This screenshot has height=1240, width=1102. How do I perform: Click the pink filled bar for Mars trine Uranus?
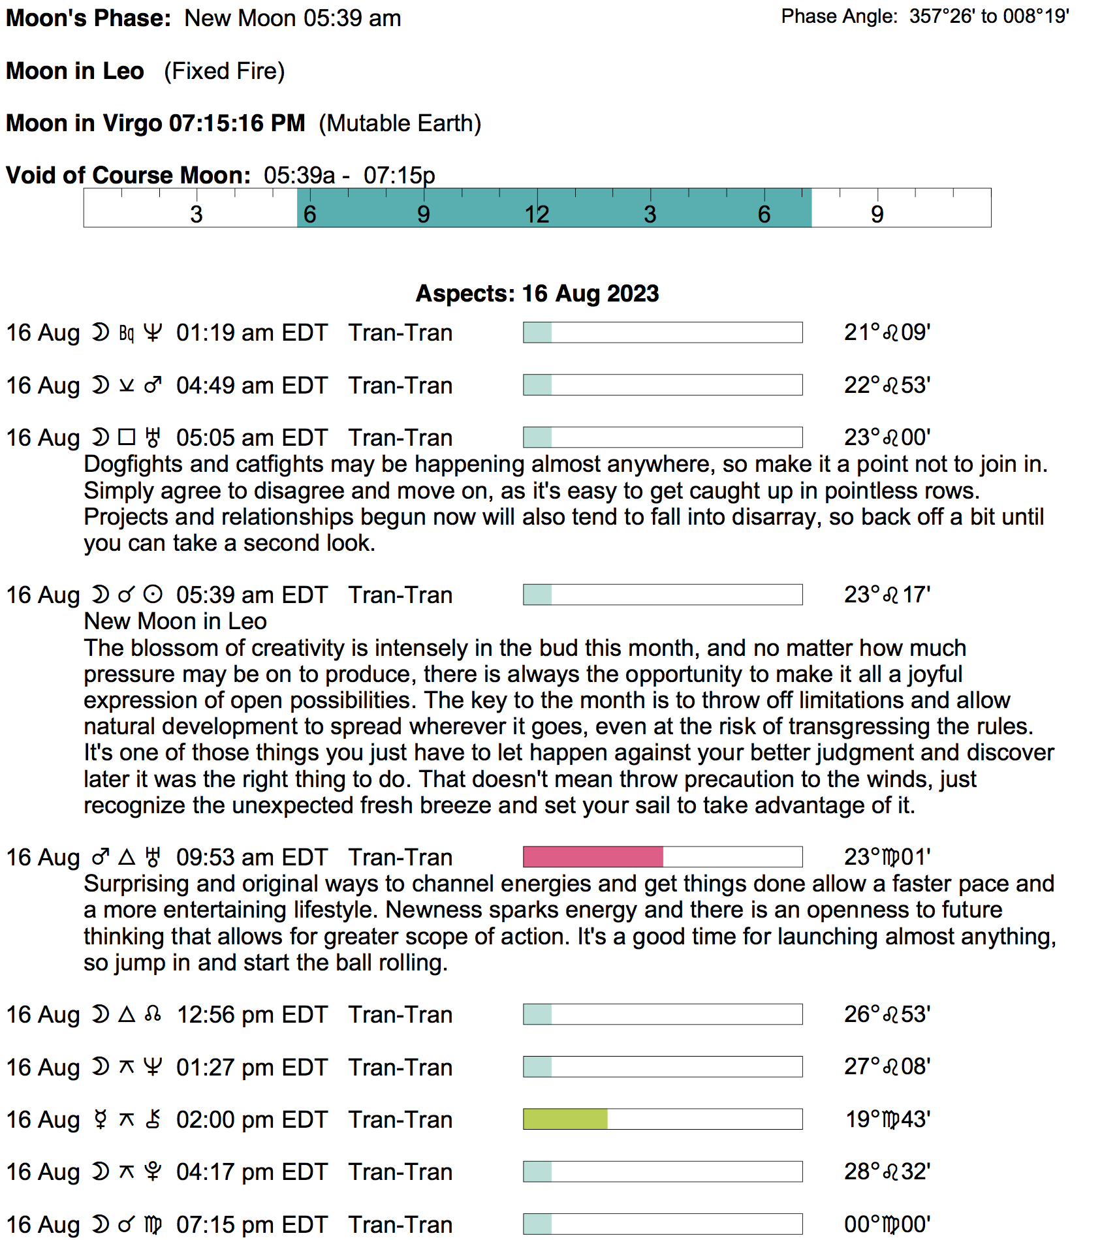[x=593, y=857]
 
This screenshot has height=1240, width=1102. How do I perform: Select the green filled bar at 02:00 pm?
[x=565, y=1119]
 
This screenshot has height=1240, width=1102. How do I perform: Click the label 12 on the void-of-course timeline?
[x=537, y=214]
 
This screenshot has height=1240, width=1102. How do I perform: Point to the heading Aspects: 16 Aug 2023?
[x=537, y=294]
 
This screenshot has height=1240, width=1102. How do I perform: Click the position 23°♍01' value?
[x=887, y=857]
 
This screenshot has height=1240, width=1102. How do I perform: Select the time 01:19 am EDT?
[x=252, y=333]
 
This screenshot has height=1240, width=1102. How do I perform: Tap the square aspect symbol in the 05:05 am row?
[x=127, y=437]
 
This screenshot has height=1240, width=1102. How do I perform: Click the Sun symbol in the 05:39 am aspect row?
[x=153, y=595]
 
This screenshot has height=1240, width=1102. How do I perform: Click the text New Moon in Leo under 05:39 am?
[x=175, y=621]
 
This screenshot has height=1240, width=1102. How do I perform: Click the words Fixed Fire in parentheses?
[x=225, y=71]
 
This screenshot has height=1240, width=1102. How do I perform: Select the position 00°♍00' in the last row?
[x=887, y=1224]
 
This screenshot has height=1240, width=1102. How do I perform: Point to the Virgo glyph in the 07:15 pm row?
[x=153, y=1224]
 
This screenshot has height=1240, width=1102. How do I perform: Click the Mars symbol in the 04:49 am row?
[x=153, y=385]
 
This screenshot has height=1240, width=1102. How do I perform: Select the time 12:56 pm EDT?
[x=252, y=1015]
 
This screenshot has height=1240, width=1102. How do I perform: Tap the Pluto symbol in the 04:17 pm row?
[x=153, y=1172]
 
